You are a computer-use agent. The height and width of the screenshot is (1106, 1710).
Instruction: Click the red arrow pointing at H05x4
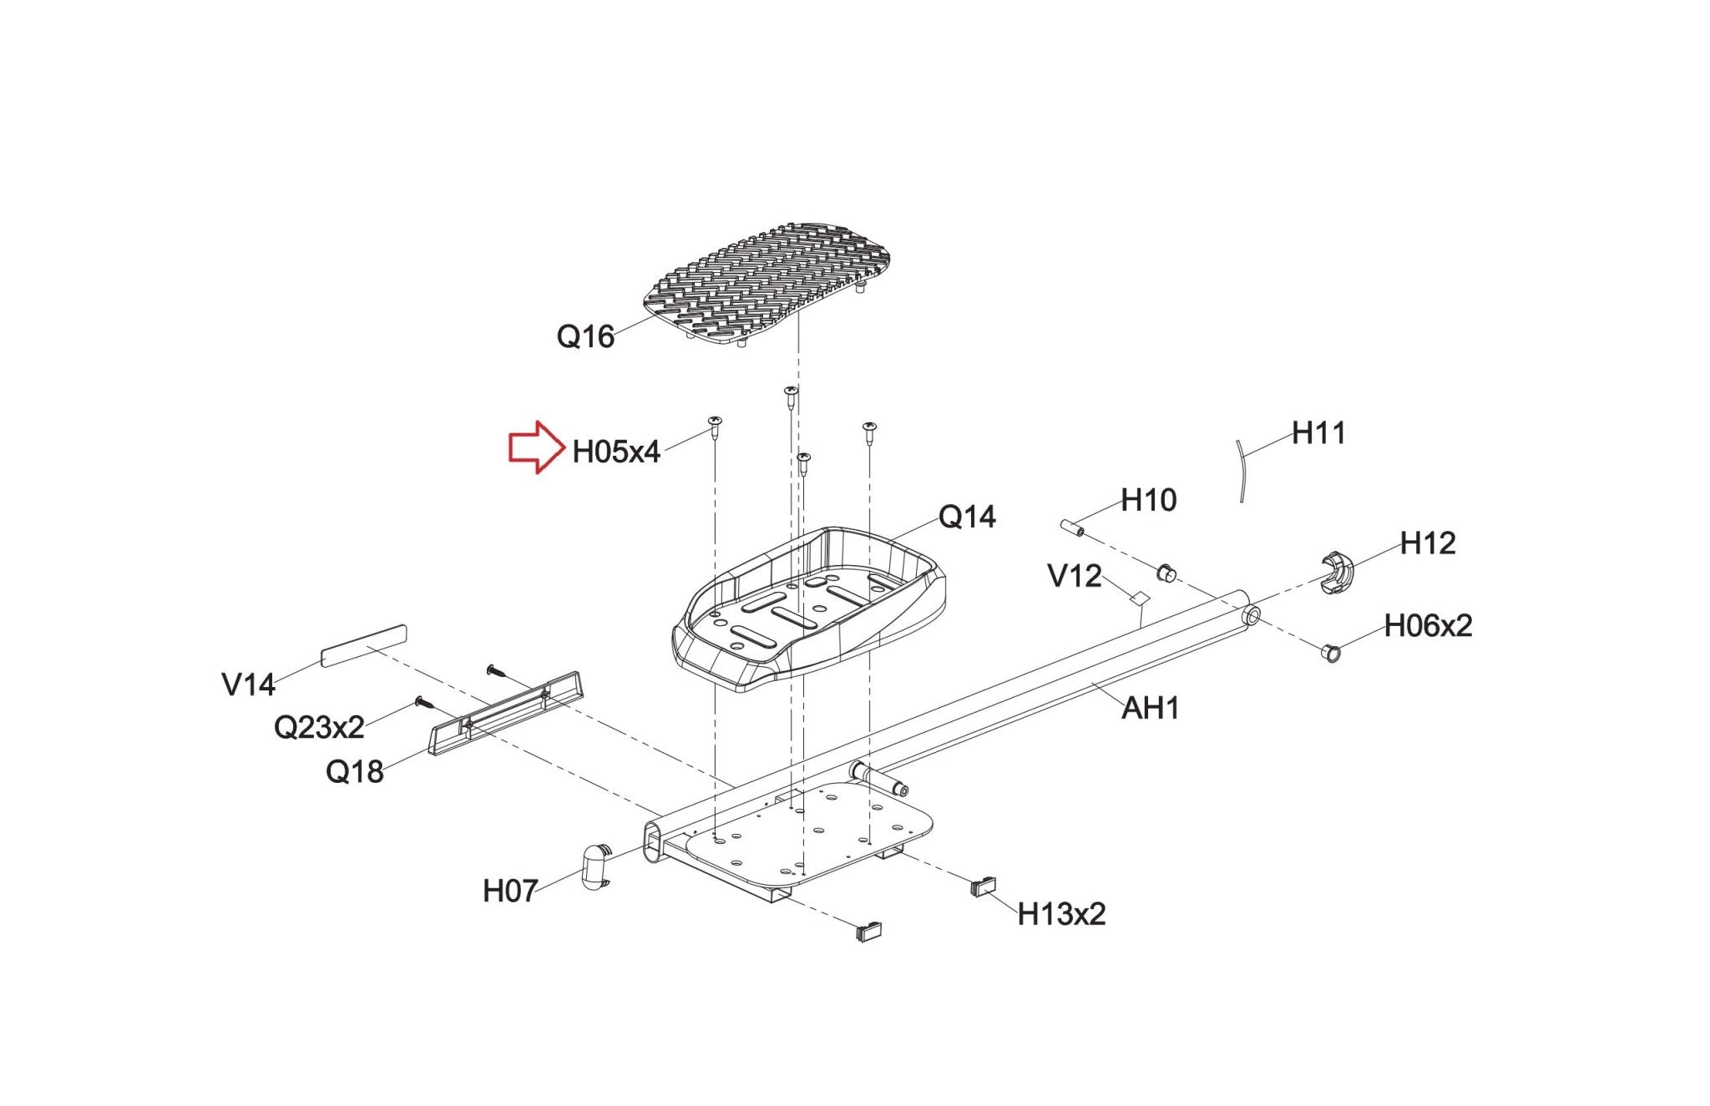[537, 447]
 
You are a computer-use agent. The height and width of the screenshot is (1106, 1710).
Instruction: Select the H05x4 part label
[616, 452]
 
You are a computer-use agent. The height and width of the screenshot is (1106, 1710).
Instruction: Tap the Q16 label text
[585, 336]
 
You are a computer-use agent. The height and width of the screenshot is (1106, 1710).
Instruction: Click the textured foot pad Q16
[767, 284]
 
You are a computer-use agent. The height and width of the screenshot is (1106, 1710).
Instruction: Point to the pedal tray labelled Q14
[808, 609]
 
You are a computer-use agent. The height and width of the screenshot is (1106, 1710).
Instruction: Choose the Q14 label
[967, 518]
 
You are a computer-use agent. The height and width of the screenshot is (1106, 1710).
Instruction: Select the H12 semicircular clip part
[1336, 573]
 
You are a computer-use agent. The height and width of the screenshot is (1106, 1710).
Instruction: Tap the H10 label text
[1148, 500]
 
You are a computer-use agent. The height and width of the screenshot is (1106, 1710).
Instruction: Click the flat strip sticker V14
[363, 645]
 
